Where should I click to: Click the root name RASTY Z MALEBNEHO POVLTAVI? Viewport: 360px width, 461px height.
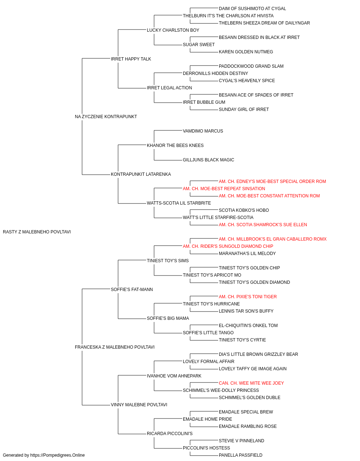37,232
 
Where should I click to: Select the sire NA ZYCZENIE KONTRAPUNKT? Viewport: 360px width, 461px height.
106,117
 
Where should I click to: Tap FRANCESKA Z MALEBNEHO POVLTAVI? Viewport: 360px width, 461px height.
114,347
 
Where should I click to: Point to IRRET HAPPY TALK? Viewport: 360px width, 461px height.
131,59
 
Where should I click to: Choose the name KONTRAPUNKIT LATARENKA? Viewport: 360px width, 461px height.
141,174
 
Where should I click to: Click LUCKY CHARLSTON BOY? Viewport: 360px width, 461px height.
173,30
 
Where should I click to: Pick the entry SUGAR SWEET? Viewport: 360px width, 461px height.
199,45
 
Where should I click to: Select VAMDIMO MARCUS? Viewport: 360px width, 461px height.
203,131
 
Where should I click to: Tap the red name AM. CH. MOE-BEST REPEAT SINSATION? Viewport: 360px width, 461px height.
224,189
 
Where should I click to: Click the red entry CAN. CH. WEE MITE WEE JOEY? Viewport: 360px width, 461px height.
251,383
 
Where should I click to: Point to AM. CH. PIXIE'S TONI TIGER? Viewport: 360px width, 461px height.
248,296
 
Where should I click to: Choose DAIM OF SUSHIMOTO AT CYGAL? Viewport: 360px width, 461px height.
252,9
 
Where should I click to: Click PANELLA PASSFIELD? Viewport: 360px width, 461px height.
240,455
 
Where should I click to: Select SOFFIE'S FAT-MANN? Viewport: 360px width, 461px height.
132,290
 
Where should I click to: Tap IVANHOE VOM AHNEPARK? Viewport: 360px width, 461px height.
174,376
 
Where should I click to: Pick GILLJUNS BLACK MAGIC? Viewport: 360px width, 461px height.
208,160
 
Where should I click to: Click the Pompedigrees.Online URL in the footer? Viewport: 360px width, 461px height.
58,455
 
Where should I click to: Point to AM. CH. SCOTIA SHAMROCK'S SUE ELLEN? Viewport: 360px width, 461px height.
263,225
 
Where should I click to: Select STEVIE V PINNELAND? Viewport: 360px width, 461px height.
242,440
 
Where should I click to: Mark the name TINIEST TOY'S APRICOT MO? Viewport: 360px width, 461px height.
212,275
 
